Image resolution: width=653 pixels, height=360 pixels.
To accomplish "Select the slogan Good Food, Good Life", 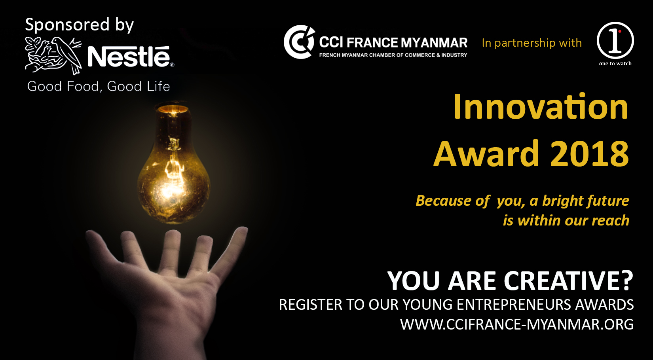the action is [99, 86].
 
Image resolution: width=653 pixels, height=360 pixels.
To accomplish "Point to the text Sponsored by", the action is [79, 25].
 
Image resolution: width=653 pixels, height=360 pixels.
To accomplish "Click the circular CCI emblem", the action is [299, 42].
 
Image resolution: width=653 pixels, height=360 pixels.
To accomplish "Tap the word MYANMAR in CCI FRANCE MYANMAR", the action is [434, 43].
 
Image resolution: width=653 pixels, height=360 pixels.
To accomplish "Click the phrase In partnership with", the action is [532, 43].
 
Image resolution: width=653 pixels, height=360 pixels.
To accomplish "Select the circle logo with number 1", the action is [615, 40].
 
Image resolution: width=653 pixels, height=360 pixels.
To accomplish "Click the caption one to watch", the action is [615, 64].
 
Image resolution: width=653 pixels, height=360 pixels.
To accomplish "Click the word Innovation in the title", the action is [541, 106].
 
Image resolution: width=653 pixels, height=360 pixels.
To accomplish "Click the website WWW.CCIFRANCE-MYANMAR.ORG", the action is [517, 324].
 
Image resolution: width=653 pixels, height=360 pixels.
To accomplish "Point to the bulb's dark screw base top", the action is [173, 108].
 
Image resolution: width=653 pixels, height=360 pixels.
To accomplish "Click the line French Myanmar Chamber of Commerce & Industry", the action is [393, 55].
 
